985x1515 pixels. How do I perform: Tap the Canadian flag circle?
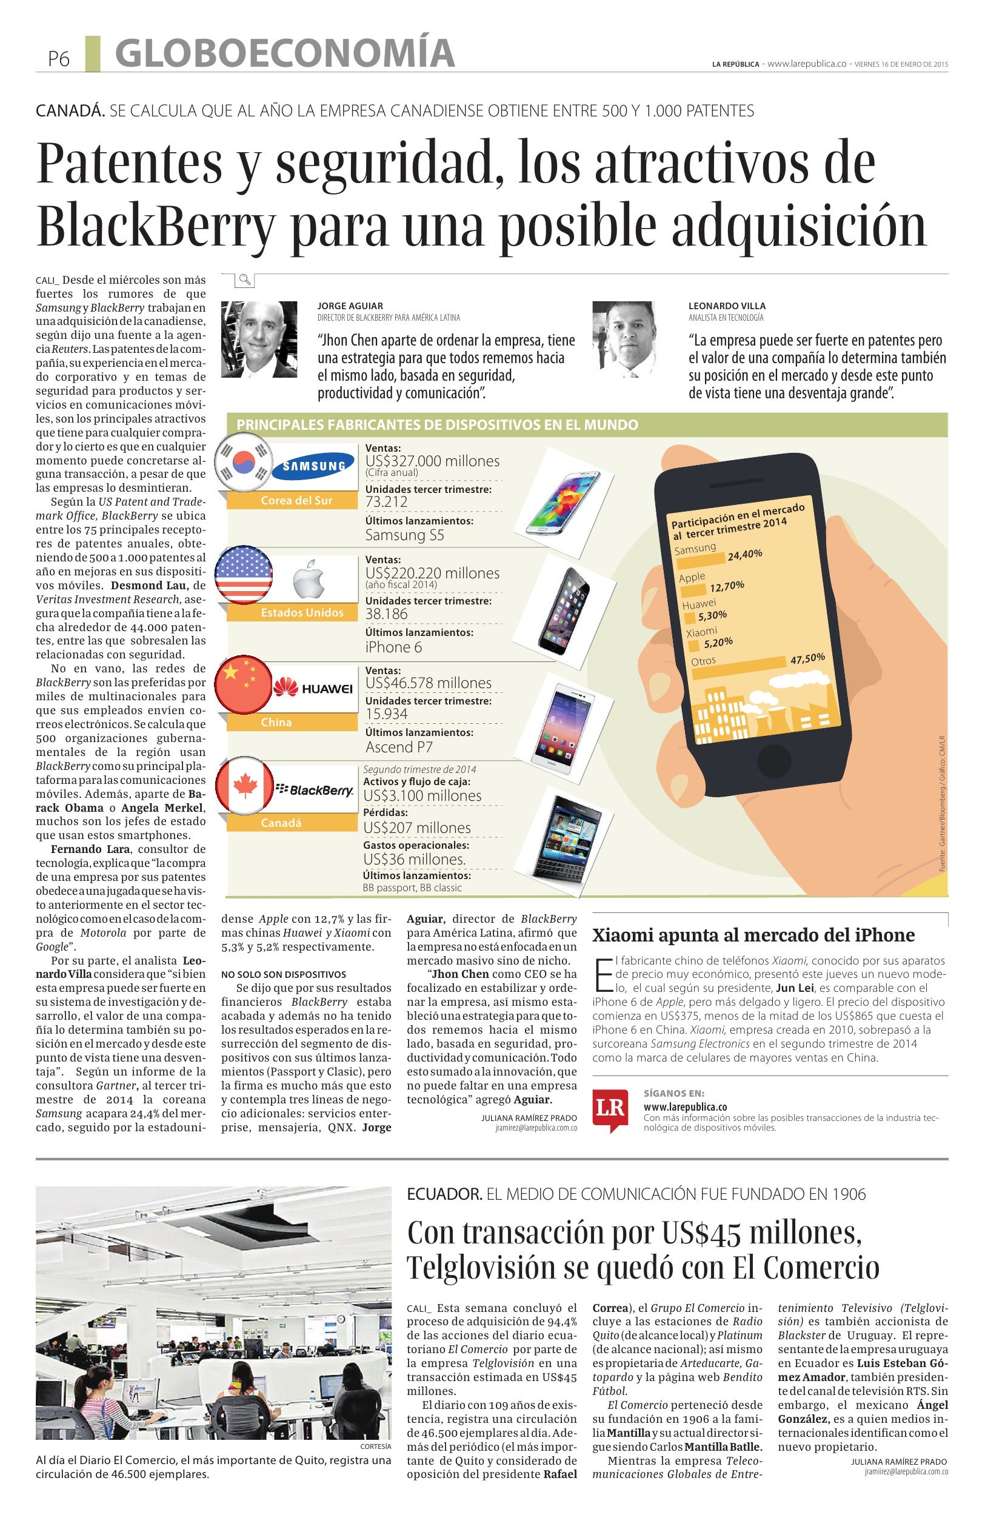point(244,787)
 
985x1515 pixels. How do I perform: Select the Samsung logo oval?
point(313,466)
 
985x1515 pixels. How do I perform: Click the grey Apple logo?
point(309,580)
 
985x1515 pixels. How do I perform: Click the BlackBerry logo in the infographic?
point(316,790)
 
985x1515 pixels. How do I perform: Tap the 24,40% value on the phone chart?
point(744,555)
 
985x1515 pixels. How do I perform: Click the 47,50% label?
point(807,658)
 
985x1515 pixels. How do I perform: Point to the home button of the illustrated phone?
point(773,760)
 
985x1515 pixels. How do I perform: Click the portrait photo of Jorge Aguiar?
point(259,339)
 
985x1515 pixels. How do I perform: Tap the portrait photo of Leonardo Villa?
point(624,339)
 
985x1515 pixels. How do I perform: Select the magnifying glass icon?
point(244,279)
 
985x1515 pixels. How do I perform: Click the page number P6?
point(58,59)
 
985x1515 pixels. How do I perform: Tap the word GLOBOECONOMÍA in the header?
point(285,53)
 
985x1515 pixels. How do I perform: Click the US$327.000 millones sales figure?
point(432,461)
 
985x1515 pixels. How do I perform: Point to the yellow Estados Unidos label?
point(302,612)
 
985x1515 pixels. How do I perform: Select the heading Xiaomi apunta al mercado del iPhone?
point(753,935)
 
